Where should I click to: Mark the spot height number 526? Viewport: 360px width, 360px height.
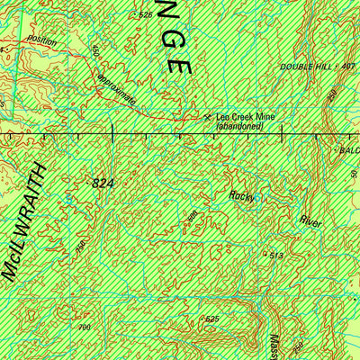click(146, 15)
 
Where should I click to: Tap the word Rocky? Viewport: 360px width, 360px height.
click(241, 195)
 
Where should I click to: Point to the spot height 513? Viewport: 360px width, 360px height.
click(276, 256)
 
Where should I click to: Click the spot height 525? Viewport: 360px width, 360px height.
click(212, 319)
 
